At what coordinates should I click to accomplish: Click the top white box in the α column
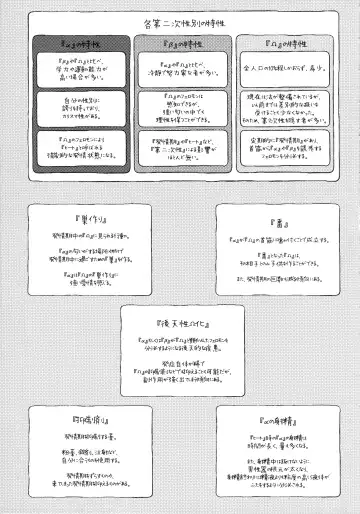pos(79,71)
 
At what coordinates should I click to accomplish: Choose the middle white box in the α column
pos(79,107)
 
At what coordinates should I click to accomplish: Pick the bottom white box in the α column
pos(79,147)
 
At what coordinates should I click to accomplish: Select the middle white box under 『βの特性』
pos(179,105)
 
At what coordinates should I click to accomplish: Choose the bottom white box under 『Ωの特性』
pos(279,145)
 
